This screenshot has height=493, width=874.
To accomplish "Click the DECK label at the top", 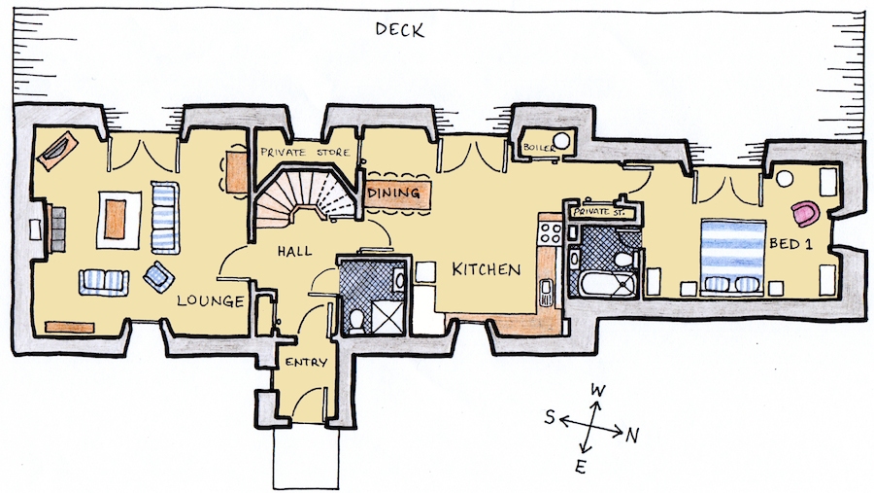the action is click(400, 29).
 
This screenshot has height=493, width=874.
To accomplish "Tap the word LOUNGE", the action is click(211, 301).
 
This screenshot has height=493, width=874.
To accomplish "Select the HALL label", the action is click(295, 252).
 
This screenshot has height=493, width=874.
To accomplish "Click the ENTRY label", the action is click(306, 363).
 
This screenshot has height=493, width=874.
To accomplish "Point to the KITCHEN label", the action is click(487, 269).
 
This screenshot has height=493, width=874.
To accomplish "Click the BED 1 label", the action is click(790, 243).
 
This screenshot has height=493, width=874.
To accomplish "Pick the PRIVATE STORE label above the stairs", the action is click(306, 152).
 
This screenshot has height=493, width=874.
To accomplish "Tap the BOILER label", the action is click(539, 148).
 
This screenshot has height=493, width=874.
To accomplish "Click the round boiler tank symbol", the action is click(561, 141).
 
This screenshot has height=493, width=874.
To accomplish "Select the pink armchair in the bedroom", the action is click(805, 214).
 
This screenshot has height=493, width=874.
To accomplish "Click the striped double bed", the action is click(732, 256).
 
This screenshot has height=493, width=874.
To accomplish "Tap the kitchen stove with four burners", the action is click(550, 232).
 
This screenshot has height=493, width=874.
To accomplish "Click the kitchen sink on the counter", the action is click(546, 292).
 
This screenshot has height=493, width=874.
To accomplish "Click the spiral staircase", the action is click(304, 195).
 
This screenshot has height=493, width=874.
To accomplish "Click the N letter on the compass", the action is click(631, 435).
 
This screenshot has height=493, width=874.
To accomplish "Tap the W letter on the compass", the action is click(597, 390).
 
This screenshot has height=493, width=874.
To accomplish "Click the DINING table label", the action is click(393, 194).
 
